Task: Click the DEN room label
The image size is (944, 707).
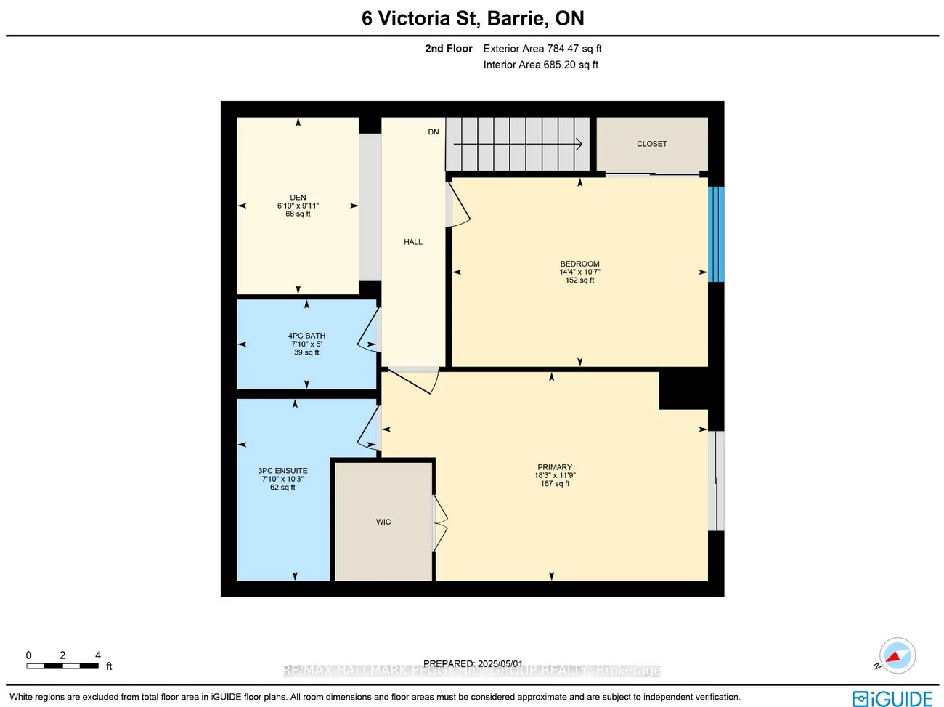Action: tap(298, 198)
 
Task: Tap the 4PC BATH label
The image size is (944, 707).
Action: tap(306, 336)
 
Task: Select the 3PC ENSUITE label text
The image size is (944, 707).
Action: tap(282, 471)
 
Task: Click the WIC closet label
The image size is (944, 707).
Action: tap(383, 522)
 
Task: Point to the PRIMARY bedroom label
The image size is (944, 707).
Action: tap(555, 467)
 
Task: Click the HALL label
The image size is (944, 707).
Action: tap(413, 242)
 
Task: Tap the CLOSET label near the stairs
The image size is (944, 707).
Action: tap(651, 144)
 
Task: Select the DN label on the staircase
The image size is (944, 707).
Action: tap(434, 132)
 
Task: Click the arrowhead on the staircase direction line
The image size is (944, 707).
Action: tap(579, 144)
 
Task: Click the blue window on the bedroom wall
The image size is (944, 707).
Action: tap(715, 234)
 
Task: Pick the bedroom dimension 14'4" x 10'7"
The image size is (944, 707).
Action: tap(579, 272)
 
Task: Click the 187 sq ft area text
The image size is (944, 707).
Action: tap(555, 484)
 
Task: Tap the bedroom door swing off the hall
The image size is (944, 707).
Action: tap(460, 206)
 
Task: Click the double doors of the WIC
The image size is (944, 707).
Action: tap(440, 522)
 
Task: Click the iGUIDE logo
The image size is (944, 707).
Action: tap(892, 698)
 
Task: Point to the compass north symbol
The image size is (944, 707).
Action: tap(897, 655)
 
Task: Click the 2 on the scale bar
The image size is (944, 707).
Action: tap(62, 655)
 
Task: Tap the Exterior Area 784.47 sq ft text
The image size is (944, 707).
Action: tap(542, 49)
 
